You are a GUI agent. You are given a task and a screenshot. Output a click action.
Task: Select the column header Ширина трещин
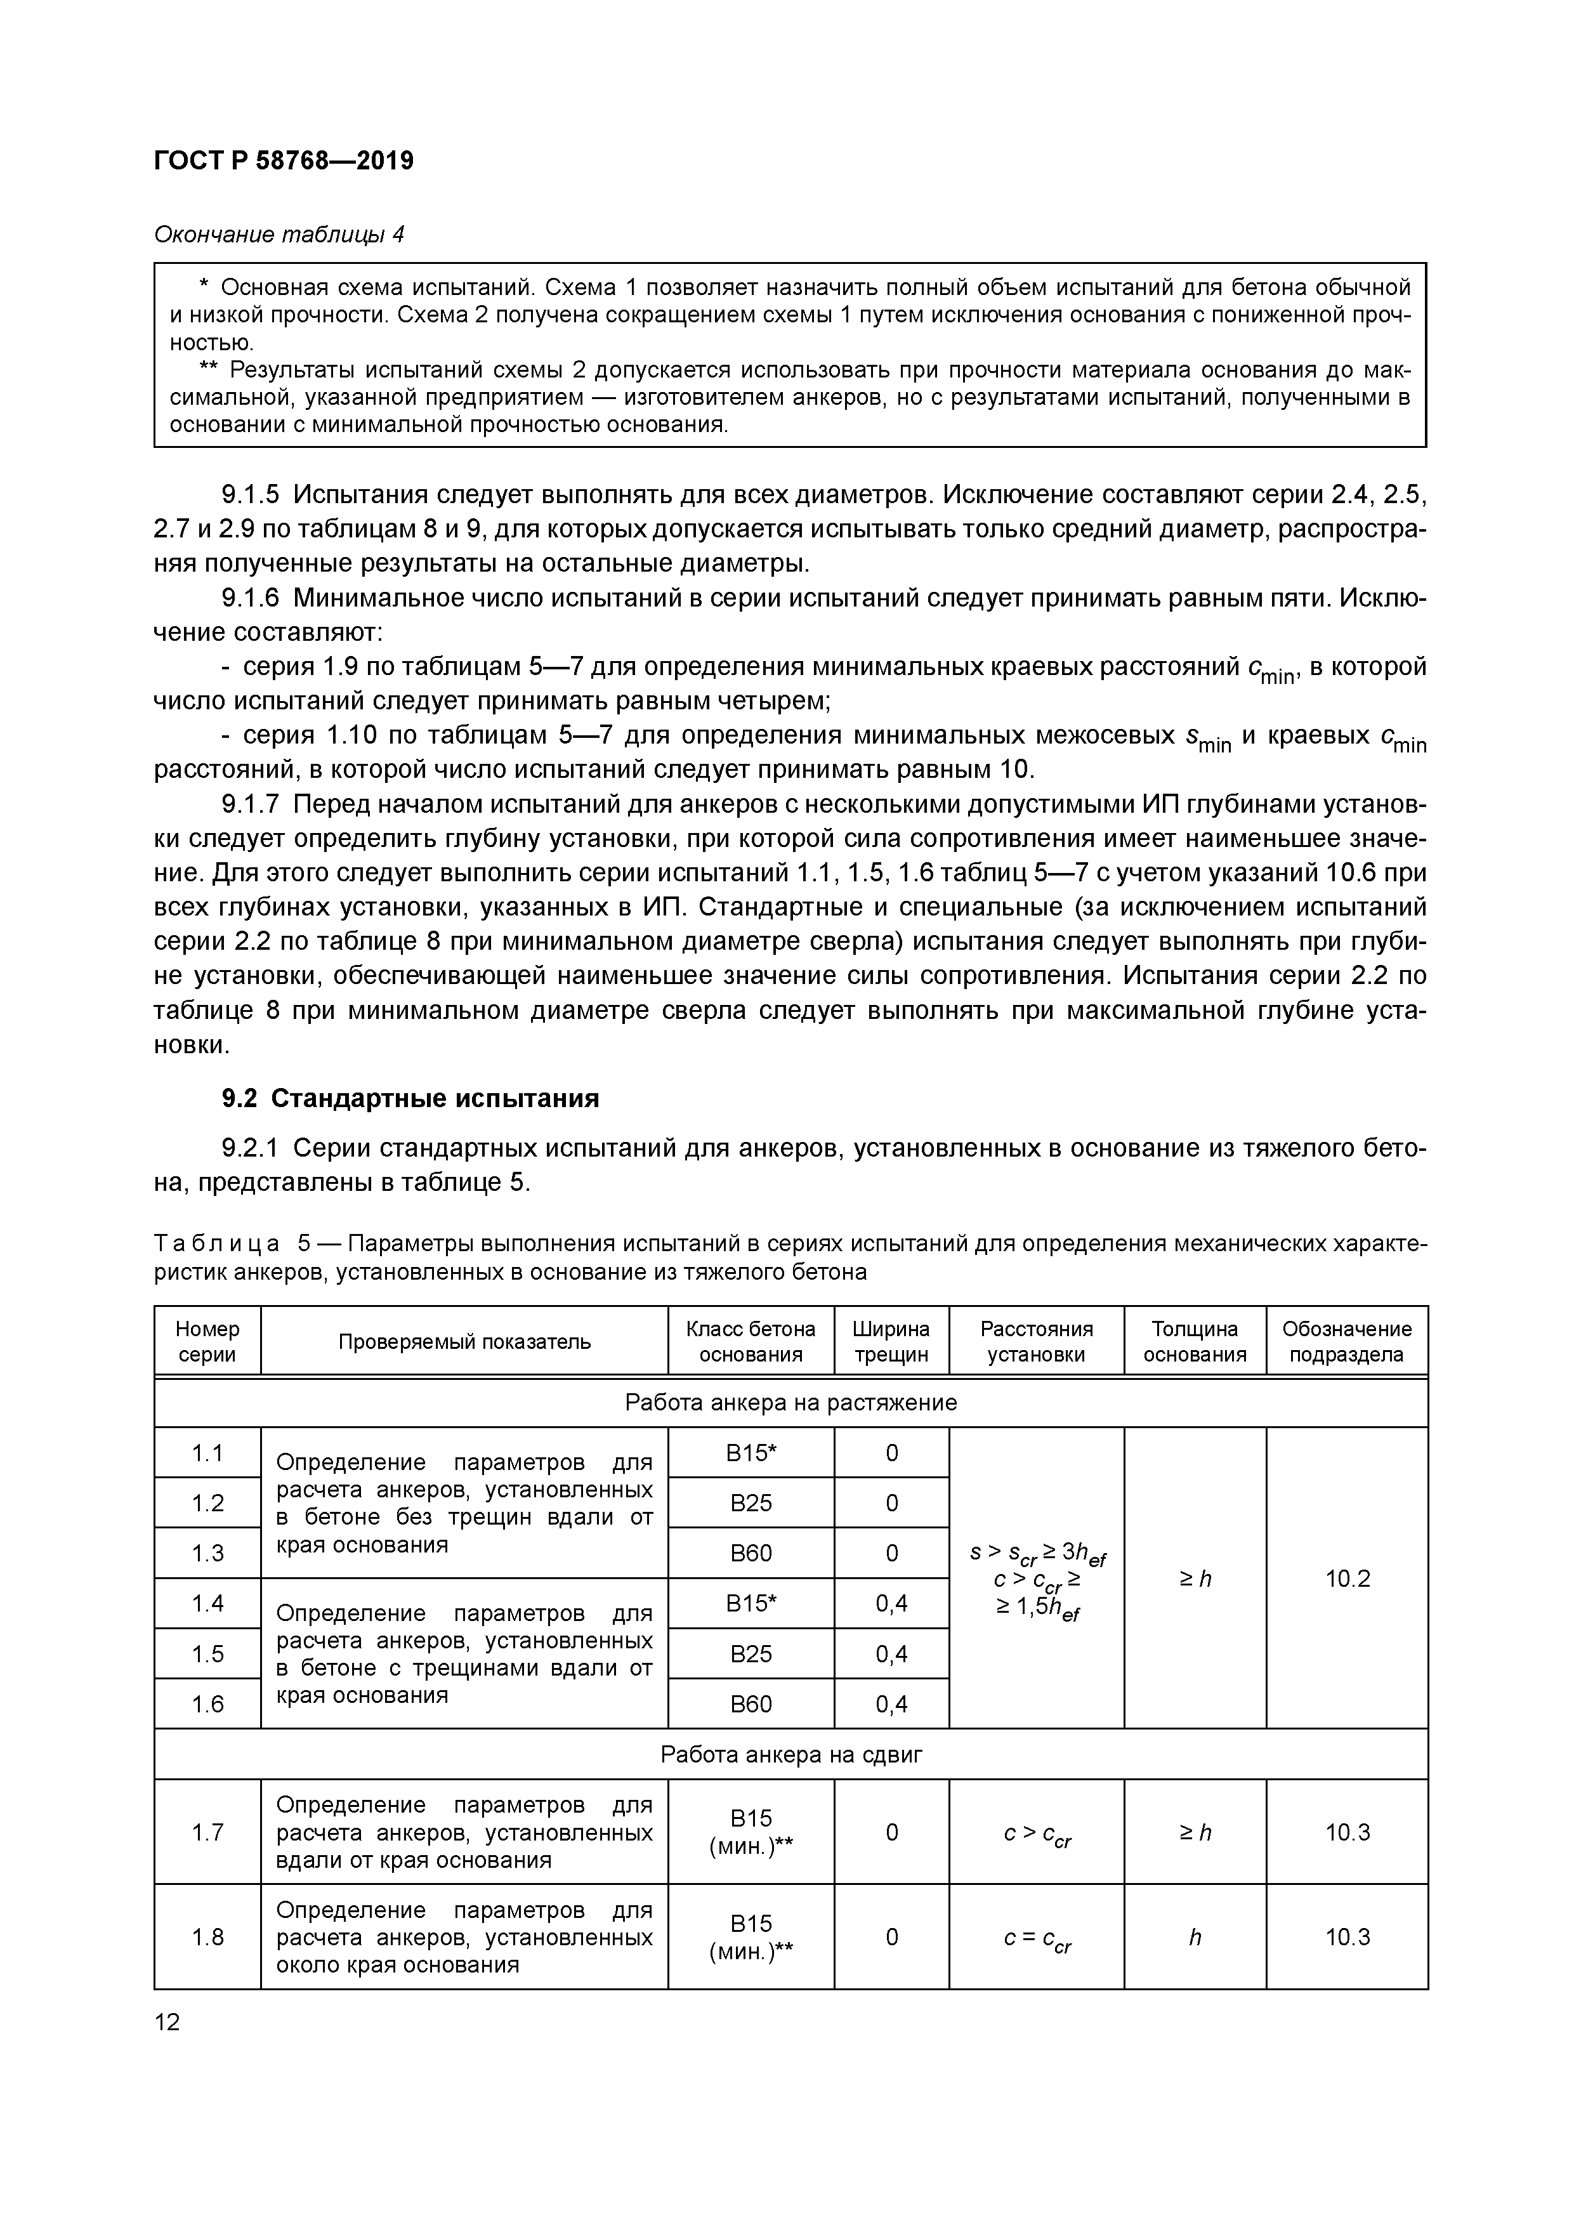[x=891, y=1341]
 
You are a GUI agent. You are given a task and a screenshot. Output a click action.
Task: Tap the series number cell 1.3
[x=207, y=1552]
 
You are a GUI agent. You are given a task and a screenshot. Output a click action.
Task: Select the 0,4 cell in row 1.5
[x=891, y=1653]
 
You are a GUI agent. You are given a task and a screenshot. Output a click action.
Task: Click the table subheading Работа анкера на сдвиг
[x=791, y=1755]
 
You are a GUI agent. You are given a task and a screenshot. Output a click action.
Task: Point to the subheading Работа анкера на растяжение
[x=791, y=1402]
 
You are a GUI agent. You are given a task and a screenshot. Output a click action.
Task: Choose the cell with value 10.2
[x=1348, y=1579]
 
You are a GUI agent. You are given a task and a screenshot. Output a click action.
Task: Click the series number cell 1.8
[x=207, y=1936]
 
